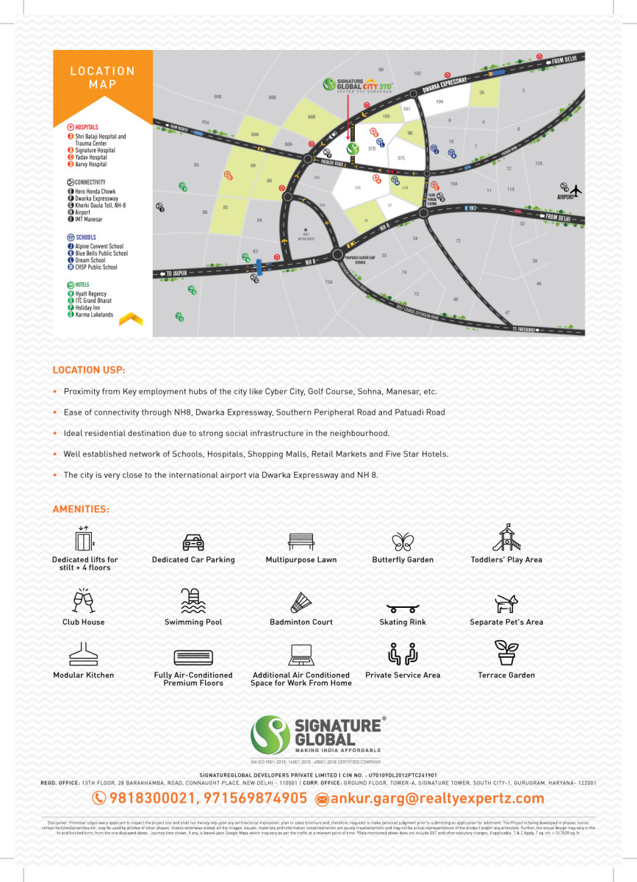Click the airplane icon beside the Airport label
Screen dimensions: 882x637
(575, 190)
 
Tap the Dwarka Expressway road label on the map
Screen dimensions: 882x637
(445, 85)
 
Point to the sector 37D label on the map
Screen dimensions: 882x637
(372, 148)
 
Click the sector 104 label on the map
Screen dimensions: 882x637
(440, 101)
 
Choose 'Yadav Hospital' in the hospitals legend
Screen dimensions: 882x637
(90, 157)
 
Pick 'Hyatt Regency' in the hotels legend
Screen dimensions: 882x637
(90, 293)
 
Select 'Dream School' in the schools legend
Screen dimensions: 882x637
(90, 260)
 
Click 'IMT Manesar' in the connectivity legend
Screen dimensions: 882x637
(88, 219)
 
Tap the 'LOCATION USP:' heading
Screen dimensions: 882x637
(89, 370)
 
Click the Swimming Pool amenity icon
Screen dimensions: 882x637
(193, 600)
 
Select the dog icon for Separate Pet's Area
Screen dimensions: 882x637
(506, 603)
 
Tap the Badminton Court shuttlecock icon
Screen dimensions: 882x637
(301, 601)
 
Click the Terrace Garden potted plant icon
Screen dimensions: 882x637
(506, 653)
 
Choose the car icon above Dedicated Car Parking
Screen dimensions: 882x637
(193, 542)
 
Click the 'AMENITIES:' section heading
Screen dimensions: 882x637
(81, 509)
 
